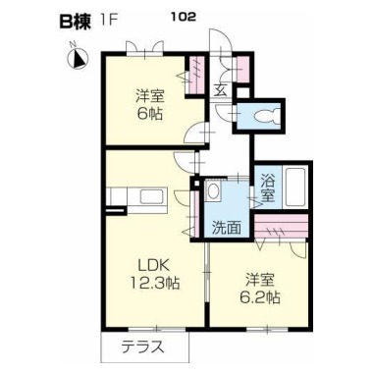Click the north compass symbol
coord(78,58)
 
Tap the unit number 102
coord(184,17)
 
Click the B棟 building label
coord(75,22)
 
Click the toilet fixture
coord(266,116)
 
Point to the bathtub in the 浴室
coord(295,187)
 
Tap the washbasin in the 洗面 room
coord(213,191)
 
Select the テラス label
coord(142,346)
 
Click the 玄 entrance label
coord(221,89)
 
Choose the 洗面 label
coord(227,228)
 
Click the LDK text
coord(153,266)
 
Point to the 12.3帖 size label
coord(155,282)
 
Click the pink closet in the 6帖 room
coord(197,76)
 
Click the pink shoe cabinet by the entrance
coord(242,70)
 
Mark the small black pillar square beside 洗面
coord(196,183)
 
